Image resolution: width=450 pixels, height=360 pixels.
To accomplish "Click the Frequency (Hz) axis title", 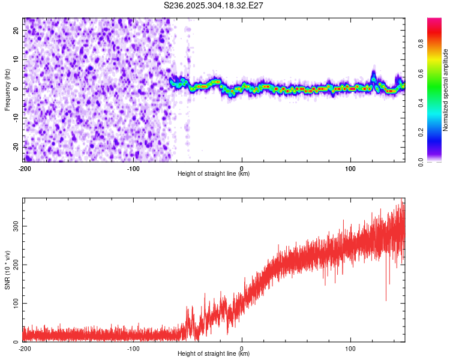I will [7, 89].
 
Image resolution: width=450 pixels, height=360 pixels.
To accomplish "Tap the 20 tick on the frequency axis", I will [17, 31].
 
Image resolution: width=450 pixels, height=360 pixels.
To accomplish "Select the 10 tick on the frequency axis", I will [17, 60].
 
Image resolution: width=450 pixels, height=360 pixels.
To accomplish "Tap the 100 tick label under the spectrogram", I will [350, 168].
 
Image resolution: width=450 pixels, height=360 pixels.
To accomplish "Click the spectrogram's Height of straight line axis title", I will [214, 174].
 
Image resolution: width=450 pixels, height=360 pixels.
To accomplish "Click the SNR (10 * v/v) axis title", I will [7, 269].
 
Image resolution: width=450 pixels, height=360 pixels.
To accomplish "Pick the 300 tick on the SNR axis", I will [15, 226].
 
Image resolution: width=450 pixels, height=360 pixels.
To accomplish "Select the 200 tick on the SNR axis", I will [15, 265].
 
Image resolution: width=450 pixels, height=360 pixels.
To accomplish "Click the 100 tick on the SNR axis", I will [15, 303].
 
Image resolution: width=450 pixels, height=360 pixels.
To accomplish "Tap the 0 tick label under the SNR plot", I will [242, 348].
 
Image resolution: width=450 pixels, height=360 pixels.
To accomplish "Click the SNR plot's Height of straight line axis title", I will [214, 354].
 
